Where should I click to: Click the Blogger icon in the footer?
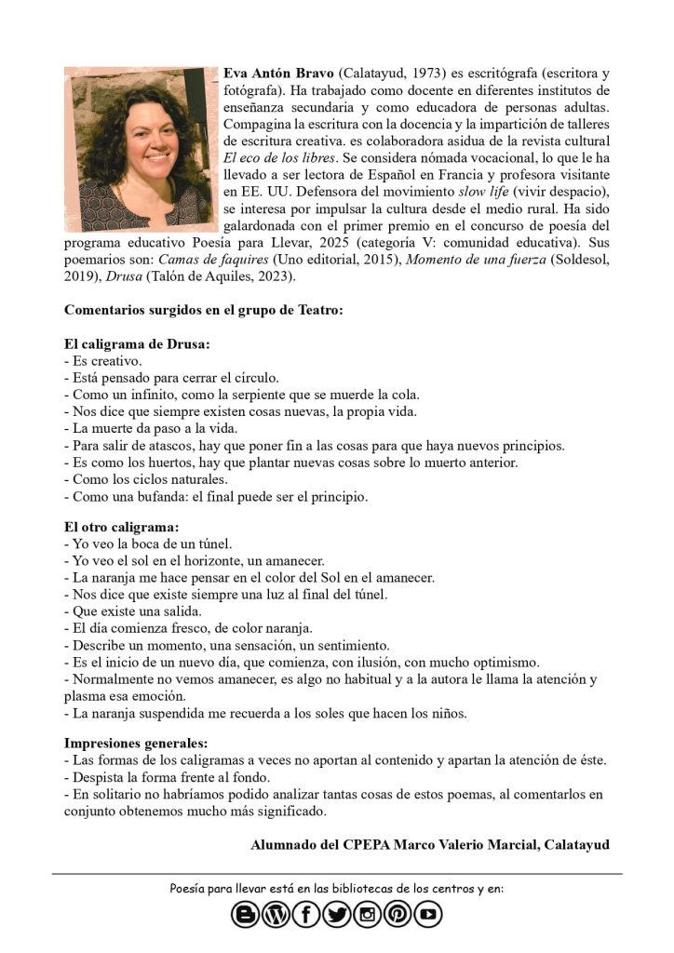246,915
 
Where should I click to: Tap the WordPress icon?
276,915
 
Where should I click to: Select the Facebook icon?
306,915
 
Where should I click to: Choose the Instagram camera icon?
367,915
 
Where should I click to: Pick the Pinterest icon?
398,915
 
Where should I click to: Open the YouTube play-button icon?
428,915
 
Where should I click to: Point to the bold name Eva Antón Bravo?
279,74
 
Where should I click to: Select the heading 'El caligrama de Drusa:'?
137,343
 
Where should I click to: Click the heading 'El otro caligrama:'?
121,527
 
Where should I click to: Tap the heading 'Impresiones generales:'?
136,744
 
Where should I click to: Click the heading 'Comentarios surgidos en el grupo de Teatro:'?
203,310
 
